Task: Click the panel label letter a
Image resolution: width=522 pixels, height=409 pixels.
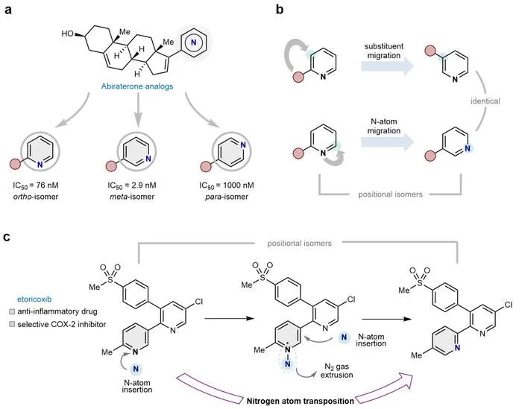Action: pos(7,10)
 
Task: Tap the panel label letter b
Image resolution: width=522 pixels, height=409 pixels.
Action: pos(280,9)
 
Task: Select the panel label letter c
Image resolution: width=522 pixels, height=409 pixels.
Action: pos(7,238)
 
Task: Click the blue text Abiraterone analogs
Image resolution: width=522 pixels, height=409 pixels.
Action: pos(137,86)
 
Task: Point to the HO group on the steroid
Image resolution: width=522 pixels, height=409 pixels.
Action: pos(68,34)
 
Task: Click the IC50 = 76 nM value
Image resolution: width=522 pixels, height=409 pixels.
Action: pos(36,186)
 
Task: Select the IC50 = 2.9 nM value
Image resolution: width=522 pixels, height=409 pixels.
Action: pos(132,186)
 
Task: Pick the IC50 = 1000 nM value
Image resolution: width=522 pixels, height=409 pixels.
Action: pos(227,186)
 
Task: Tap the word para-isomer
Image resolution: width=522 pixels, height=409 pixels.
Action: pos(227,197)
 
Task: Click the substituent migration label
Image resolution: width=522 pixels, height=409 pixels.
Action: pos(384,51)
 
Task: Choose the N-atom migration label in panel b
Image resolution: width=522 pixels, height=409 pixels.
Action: pos(384,127)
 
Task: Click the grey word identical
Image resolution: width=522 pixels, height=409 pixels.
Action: pos(485,101)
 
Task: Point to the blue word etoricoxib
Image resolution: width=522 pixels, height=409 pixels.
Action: pos(34,299)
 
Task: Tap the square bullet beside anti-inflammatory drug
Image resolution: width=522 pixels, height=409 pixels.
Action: pos(13,312)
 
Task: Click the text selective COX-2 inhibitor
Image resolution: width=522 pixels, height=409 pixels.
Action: pos(62,324)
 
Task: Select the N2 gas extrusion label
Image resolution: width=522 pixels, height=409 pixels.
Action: pos(336,371)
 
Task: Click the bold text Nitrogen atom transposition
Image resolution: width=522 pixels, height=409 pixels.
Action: pos(301,401)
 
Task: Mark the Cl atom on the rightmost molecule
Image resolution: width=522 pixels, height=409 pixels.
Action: pos(509,305)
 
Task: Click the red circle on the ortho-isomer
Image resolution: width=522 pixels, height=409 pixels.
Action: pos(16,164)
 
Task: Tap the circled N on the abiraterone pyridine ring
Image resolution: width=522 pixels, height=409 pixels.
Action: pos(193,42)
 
